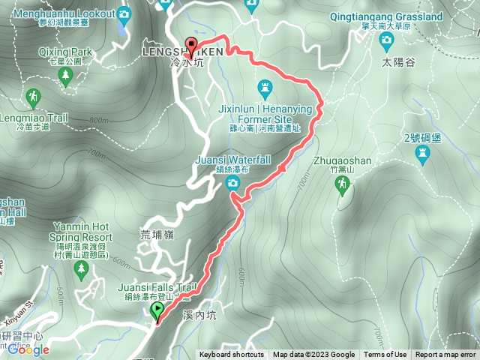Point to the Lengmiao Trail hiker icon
coord(33,96)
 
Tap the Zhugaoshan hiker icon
coord(343,184)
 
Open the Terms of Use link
coord(385,355)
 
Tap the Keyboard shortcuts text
coord(231,355)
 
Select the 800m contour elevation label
coord(99,120)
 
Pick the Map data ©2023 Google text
coord(314,355)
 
